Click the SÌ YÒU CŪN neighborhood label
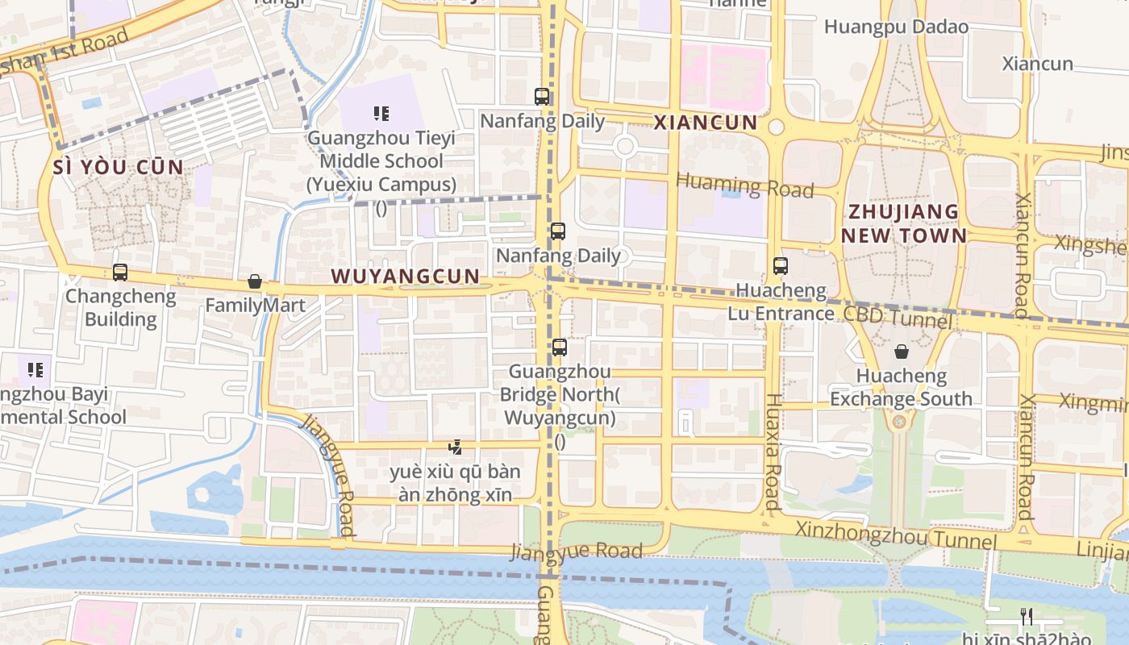(118, 168)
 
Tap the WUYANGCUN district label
(406, 277)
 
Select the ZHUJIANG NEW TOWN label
(904, 223)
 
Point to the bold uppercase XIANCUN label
(706, 123)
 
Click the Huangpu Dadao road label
(896, 27)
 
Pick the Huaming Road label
(744, 185)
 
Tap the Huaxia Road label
(773, 451)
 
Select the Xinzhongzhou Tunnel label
(895, 535)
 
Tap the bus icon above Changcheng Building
(120, 273)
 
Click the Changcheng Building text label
(120, 307)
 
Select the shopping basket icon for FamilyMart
(255, 281)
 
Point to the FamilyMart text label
(255, 306)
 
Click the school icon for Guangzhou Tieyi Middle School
(381, 114)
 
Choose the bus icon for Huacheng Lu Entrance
(780, 265)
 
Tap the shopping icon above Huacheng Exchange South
(902, 352)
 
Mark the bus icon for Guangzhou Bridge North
(559, 347)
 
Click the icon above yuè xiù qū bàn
(456, 447)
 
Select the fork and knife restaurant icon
(1026, 617)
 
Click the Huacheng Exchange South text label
(901, 388)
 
